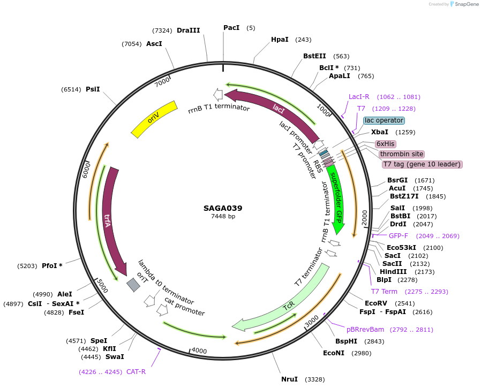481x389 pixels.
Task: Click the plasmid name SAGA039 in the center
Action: click(x=223, y=208)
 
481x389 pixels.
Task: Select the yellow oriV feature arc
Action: click(x=154, y=118)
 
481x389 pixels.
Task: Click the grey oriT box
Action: click(x=133, y=284)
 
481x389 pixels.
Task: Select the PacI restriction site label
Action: click(x=231, y=28)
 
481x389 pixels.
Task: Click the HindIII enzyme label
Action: click(x=392, y=272)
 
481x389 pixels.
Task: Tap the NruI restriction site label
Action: click(x=289, y=379)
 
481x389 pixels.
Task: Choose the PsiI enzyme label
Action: click(x=93, y=89)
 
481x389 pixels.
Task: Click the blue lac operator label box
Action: click(x=384, y=120)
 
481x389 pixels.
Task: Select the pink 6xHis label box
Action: click(x=385, y=144)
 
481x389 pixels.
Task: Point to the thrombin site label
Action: click(x=402, y=154)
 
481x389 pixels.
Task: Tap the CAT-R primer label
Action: click(x=136, y=371)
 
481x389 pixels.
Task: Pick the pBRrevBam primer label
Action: click(x=365, y=330)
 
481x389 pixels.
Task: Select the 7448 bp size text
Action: click(x=223, y=217)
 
